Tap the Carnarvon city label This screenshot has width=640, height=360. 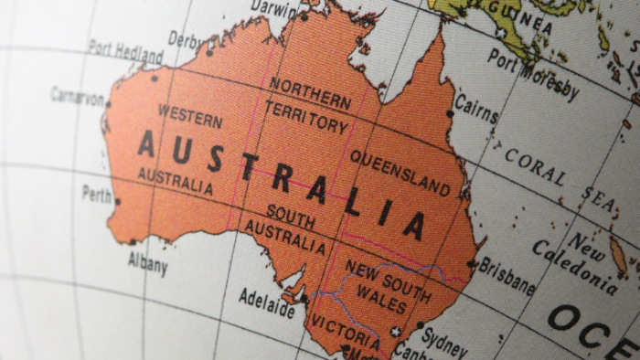tap(77, 96)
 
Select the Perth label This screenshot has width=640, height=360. tap(97, 194)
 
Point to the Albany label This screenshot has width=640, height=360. tap(147, 264)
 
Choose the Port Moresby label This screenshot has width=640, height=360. tap(533, 73)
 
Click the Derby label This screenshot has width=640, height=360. tap(187, 40)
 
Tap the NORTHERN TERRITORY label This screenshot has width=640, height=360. tap(308, 104)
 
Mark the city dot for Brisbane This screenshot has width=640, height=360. tap(472, 264)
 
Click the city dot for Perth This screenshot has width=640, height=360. tap(117, 201)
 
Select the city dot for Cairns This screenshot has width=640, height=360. tap(450, 113)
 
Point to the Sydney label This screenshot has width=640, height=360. tap(445, 342)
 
